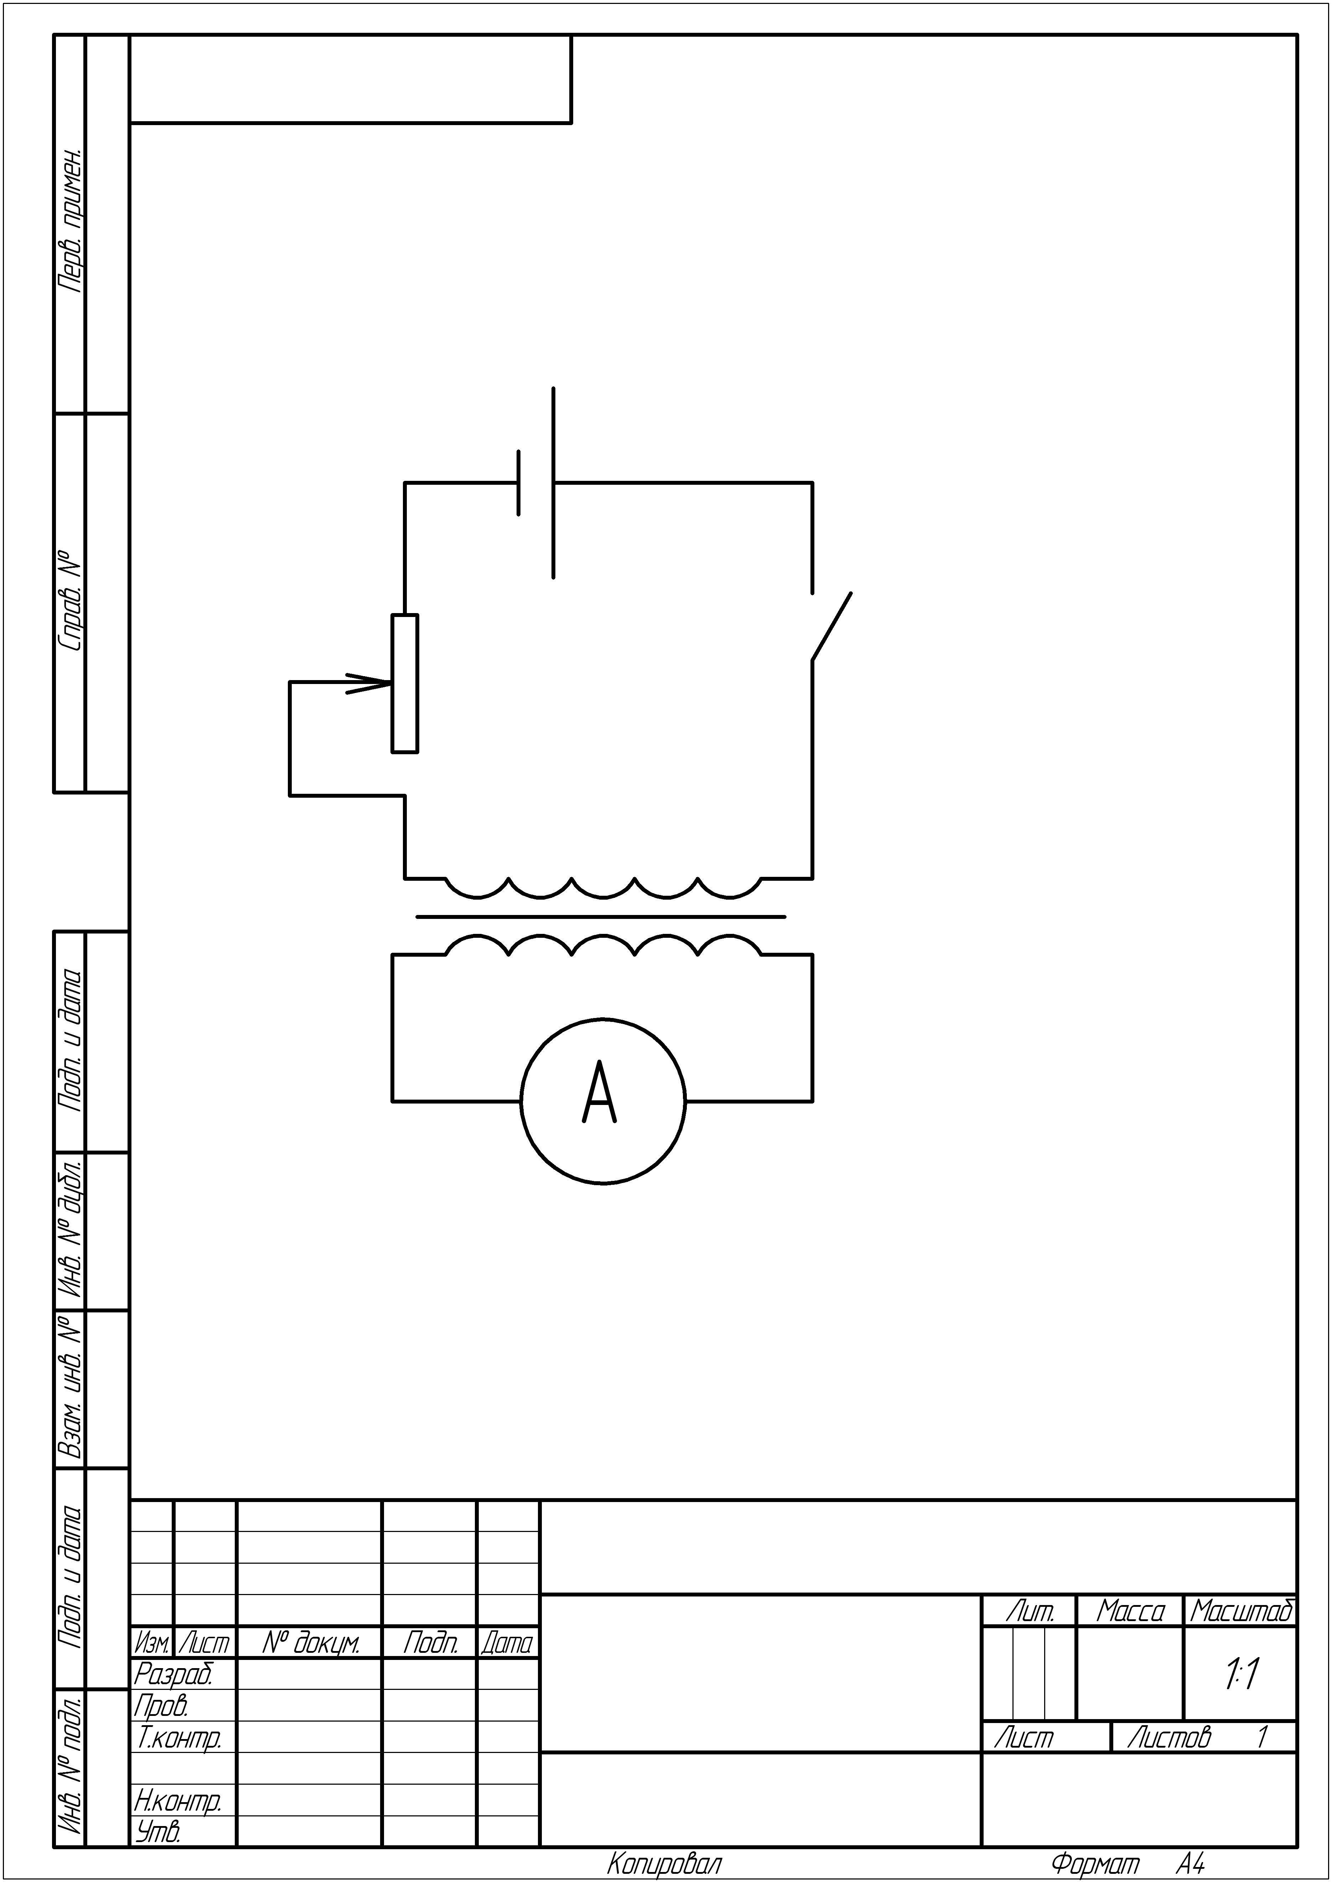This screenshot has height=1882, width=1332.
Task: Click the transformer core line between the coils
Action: click(x=600, y=916)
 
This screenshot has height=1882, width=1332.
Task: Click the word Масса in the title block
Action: click(x=1130, y=1612)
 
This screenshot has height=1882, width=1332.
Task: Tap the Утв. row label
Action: click(x=157, y=1832)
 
